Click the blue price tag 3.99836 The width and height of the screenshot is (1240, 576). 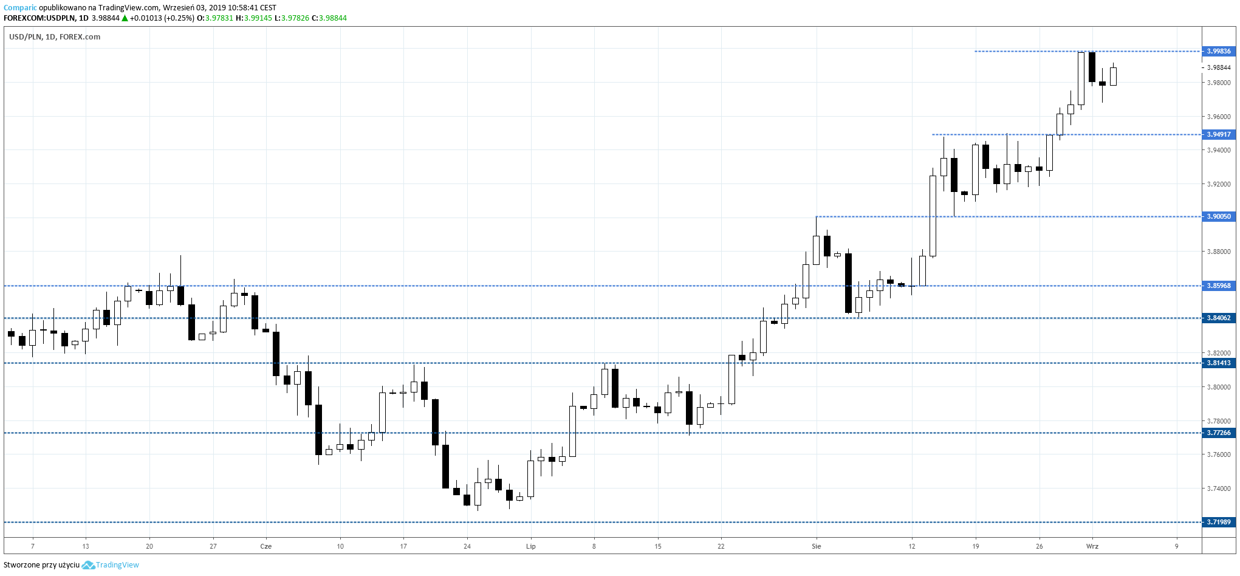pos(1218,51)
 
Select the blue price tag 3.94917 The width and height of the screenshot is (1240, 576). pos(1218,134)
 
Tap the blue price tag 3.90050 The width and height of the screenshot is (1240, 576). pos(1218,216)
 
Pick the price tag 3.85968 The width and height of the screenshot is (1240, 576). pos(1218,286)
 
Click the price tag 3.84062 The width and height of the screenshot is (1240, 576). pos(1218,318)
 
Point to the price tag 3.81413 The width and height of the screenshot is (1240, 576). pos(1218,363)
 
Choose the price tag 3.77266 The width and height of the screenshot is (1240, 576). pos(1218,433)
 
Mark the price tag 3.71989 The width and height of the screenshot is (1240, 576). pos(1218,522)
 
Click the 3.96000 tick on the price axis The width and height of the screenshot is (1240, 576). pos(1219,117)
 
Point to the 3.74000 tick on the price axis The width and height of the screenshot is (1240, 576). pos(1219,489)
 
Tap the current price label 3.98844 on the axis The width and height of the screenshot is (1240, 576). pos(1219,67)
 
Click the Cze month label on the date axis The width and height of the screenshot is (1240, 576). pos(265,546)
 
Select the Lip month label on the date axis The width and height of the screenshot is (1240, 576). pos(530,546)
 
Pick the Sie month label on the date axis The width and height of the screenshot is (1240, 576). pos(816,546)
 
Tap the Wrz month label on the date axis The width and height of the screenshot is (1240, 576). pos(1092,546)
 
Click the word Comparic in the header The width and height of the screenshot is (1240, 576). pos(20,8)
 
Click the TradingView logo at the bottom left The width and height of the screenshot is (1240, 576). pos(111,565)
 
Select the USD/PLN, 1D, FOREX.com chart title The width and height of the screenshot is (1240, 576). pos(55,37)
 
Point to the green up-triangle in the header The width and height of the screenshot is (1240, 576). pos(125,18)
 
